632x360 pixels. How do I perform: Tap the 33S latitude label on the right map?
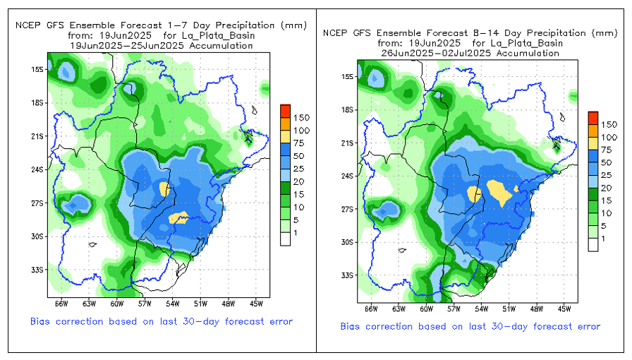pyautogui.click(x=348, y=275)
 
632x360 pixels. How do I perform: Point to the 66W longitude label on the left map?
pyautogui.click(x=61, y=304)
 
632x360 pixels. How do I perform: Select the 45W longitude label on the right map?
pyautogui.click(x=563, y=309)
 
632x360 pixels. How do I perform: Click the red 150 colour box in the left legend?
pyautogui.click(x=285, y=111)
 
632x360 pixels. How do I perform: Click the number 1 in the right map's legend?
pyautogui.click(x=604, y=238)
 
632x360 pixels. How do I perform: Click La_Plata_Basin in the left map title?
pyautogui.click(x=221, y=35)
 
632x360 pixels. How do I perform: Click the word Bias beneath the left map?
pyautogui.click(x=42, y=321)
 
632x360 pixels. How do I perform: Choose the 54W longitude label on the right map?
pyautogui.click(x=480, y=309)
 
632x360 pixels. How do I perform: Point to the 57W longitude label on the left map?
pyautogui.click(x=145, y=304)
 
